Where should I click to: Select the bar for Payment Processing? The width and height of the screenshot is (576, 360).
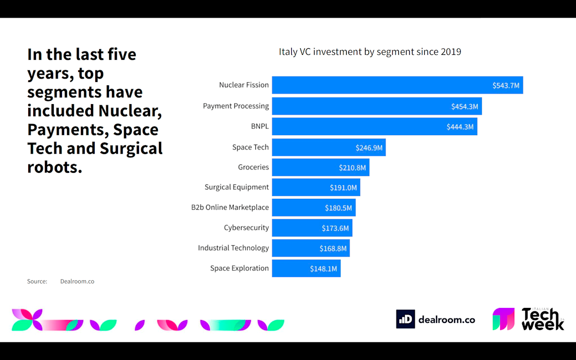point(366,106)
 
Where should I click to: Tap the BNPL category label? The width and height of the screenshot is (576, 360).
point(260,126)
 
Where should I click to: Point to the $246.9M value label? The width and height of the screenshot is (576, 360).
point(369,147)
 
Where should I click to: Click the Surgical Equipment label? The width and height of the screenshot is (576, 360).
point(236,187)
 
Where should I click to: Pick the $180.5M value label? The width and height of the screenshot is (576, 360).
point(338,208)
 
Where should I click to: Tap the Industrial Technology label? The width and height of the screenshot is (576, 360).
point(233,248)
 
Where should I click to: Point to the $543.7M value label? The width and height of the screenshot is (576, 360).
point(506,85)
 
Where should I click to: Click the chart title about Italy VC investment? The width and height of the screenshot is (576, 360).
point(370,52)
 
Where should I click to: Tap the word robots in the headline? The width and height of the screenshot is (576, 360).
point(54,167)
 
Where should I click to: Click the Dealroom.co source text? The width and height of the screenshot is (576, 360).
point(77,281)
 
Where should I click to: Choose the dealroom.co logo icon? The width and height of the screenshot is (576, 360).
point(405,319)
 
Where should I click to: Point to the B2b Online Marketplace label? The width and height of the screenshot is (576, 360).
point(230,208)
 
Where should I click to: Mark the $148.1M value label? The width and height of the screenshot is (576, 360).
point(323,269)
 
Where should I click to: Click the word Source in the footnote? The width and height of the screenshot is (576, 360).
point(37,281)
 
